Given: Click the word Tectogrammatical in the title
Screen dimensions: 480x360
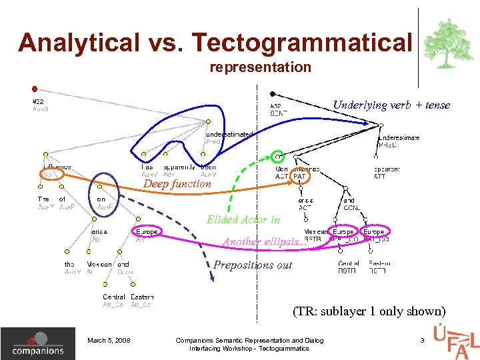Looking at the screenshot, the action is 302,43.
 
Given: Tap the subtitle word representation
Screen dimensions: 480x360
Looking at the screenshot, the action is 260,67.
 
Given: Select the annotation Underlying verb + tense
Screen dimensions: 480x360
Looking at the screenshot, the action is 391,105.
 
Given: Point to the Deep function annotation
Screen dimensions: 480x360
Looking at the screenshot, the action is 177,183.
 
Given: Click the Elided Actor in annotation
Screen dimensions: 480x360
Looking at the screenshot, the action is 243,219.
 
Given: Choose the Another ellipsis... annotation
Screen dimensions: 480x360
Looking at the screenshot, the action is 265,241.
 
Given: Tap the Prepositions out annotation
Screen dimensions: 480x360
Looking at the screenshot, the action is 253,265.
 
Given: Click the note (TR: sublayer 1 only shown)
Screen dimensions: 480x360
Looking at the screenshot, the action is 369,311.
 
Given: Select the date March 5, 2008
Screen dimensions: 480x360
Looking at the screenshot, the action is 109,341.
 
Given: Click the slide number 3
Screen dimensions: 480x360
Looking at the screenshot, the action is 422,341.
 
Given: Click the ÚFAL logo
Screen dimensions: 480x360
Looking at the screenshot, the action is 455,340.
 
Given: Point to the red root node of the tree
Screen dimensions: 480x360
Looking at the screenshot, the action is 35,88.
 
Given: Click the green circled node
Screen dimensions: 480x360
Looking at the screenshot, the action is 279,158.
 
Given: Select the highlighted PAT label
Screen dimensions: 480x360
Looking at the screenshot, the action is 299,176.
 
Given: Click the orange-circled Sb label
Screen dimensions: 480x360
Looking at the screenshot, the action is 49,173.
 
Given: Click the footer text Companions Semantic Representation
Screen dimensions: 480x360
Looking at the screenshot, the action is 249,341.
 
